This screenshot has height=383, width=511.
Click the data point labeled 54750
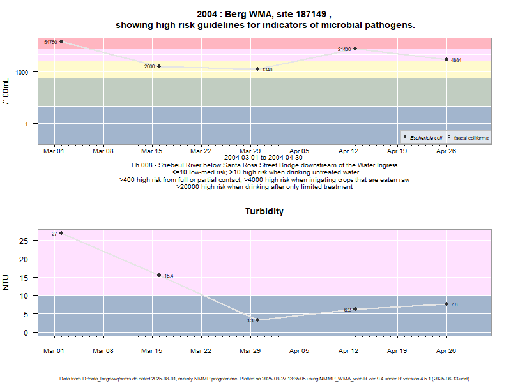(x=61, y=41)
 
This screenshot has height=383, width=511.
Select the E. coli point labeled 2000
(x=159, y=66)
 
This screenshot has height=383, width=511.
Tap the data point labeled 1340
(x=257, y=69)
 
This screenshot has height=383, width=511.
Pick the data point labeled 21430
(x=355, y=49)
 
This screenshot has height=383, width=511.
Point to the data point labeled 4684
(x=446, y=59)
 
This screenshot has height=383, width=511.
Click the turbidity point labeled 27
(x=61, y=233)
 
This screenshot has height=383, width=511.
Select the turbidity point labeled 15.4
(x=159, y=275)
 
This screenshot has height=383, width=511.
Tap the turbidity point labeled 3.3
(x=257, y=320)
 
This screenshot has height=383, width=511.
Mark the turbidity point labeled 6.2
(x=355, y=309)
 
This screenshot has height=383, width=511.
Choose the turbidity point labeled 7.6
(x=446, y=304)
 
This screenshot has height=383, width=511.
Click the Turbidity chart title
(x=264, y=211)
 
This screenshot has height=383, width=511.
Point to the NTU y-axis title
(x=6, y=282)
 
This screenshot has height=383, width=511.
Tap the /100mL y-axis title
(x=6, y=91)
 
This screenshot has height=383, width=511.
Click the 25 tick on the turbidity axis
(x=24, y=241)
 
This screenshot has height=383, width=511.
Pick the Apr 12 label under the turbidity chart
(x=349, y=350)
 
